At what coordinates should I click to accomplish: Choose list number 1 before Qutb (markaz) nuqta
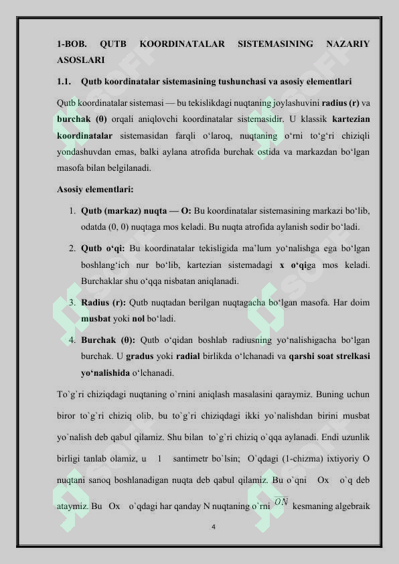(71, 210)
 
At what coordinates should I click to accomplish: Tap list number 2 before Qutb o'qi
(71, 249)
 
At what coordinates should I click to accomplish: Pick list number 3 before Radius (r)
(71, 302)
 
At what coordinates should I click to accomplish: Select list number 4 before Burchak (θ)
(71, 340)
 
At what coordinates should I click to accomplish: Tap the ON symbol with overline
(281, 500)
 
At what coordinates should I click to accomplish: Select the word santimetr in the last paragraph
(191, 459)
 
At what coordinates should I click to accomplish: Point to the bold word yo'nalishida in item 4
(105, 372)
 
